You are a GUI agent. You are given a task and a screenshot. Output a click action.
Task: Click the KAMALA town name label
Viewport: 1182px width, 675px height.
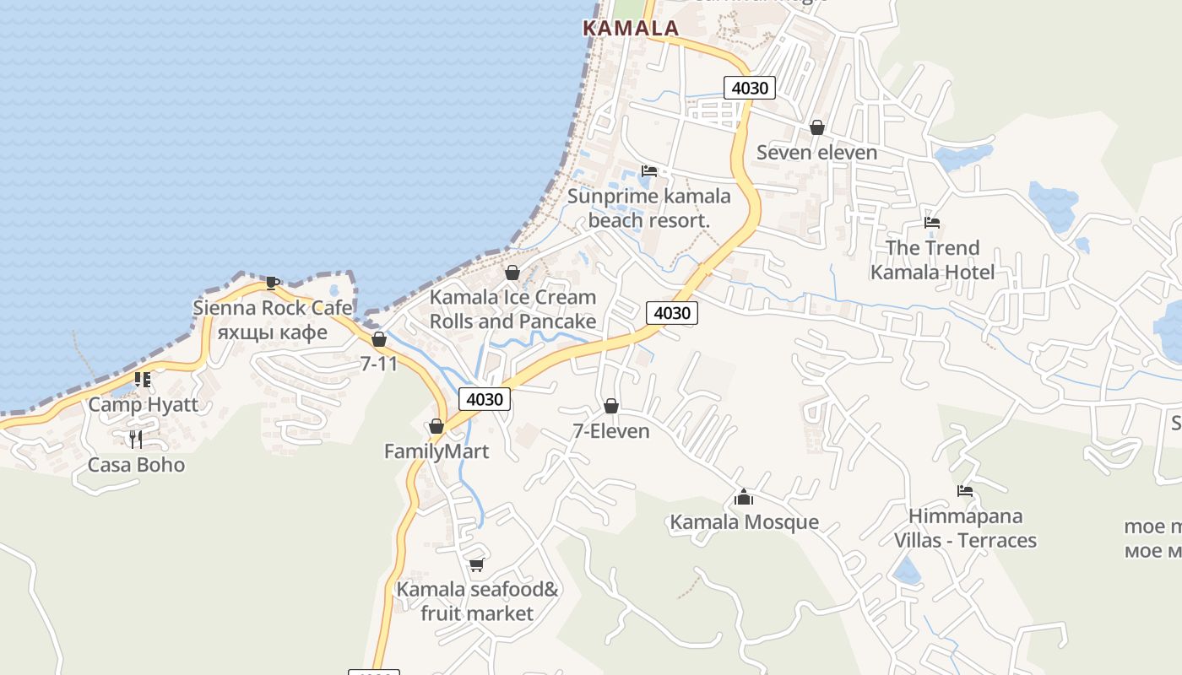631,28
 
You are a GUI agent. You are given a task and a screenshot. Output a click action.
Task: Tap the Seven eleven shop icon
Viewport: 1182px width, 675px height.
816,128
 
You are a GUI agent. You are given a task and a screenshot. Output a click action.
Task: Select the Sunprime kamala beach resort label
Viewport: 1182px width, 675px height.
648,208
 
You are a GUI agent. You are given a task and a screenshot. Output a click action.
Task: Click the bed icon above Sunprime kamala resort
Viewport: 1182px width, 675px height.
648,170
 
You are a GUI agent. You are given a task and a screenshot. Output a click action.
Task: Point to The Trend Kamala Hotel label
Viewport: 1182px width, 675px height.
932,260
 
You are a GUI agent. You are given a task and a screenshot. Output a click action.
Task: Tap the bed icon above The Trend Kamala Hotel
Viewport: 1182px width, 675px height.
932,223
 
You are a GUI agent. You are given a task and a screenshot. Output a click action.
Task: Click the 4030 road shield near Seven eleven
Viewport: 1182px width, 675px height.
750,88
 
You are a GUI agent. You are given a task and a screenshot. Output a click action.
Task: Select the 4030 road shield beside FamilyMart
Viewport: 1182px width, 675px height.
485,399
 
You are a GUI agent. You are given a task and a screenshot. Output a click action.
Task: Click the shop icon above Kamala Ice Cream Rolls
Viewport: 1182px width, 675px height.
512,273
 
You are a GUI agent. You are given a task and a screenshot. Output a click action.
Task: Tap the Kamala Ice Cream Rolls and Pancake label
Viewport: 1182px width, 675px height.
512,310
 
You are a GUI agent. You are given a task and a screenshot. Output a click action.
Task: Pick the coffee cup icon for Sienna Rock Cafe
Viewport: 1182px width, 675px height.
272,283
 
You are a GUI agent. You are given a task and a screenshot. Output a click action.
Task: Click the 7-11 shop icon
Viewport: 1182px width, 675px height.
379,339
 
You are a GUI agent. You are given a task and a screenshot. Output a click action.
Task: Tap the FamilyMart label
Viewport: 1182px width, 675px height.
436,451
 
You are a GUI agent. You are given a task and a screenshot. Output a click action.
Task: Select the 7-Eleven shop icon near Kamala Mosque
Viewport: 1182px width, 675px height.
611,407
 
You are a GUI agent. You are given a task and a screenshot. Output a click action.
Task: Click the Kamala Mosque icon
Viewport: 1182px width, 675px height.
744,497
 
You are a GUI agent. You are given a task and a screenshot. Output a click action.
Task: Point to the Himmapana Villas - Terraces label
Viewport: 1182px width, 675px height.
965,528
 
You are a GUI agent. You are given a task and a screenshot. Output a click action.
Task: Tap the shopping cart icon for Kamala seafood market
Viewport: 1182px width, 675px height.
476,564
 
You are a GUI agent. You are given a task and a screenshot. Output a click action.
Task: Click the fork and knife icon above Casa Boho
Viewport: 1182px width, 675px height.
135,439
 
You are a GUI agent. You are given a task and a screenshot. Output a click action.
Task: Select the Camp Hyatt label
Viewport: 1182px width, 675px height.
144,404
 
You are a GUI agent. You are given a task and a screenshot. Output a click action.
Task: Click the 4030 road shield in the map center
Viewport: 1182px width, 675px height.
672,313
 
